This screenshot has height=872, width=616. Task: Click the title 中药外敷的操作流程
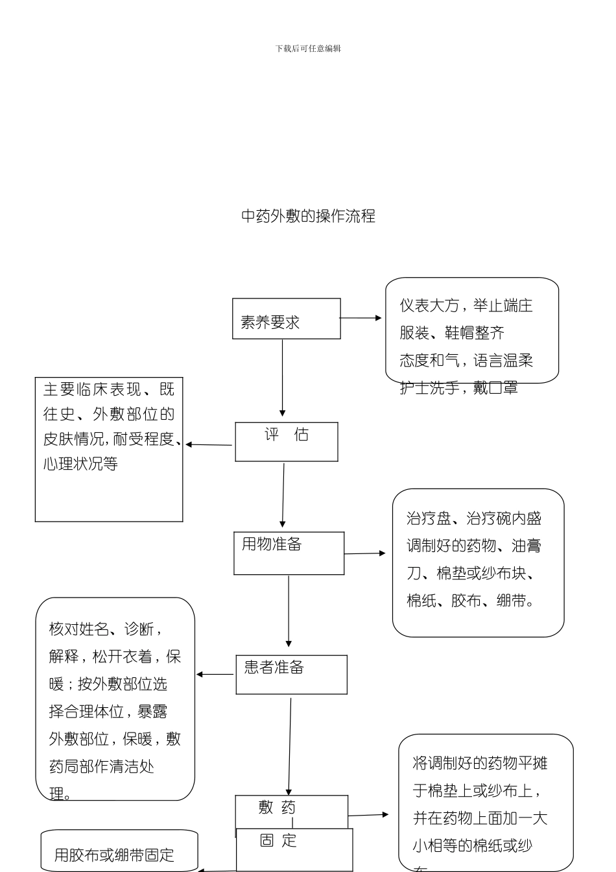pyautogui.click(x=308, y=216)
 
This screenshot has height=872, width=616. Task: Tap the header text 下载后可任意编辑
pyautogui.click(x=308, y=49)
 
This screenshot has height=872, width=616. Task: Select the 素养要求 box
pyautogui.click(x=286, y=319)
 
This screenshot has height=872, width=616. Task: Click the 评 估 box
pyautogui.click(x=286, y=442)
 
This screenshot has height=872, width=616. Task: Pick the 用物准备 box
pyautogui.click(x=289, y=553)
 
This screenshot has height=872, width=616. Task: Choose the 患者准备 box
pyautogui.click(x=291, y=674)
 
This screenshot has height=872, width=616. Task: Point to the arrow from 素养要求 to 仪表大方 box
pyautogui.click(x=361, y=318)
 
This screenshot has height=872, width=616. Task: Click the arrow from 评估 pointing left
pyautogui.click(x=209, y=445)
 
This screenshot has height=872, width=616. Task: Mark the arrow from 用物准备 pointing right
pyautogui.click(x=364, y=553)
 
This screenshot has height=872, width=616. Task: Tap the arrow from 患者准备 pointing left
pyautogui.click(x=215, y=674)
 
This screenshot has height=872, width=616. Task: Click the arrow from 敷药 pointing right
pyautogui.click(x=368, y=815)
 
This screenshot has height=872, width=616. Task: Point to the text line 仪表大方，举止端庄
pyautogui.click(x=466, y=306)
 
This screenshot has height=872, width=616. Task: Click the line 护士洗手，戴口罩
pyautogui.click(x=458, y=388)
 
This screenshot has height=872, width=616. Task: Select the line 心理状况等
pyautogui.click(x=80, y=464)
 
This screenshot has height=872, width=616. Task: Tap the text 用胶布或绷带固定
pyautogui.click(x=114, y=854)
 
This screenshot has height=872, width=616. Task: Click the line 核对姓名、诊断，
pyautogui.click(x=105, y=629)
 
